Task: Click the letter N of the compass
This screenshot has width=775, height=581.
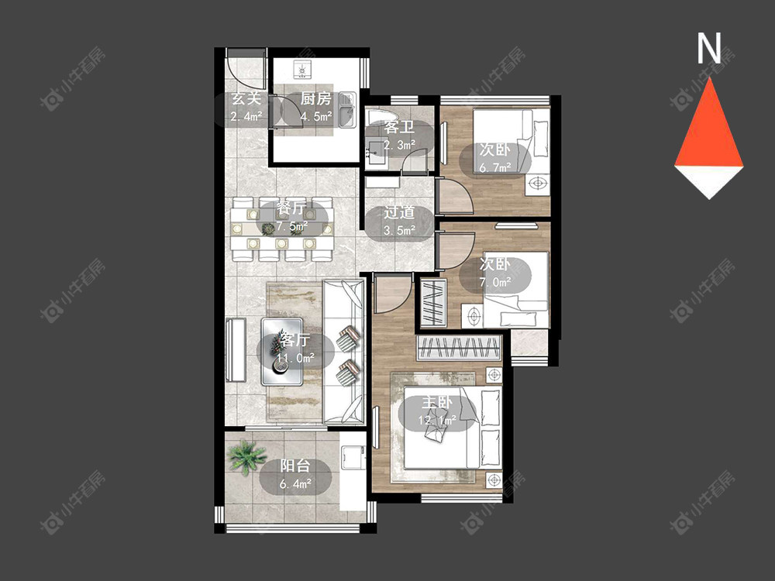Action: pos(709,48)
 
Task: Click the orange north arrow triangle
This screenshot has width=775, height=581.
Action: pos(709,126)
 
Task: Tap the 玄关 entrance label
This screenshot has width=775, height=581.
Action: pos(246,99)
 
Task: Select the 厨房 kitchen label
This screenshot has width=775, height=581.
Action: pos(315,99)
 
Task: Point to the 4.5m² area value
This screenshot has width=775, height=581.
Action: pos(315,117)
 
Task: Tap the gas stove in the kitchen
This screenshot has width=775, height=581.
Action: pos(302,70)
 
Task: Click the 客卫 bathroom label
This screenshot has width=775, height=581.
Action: pos(399,128)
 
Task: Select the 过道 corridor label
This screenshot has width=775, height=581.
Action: pos(399,213)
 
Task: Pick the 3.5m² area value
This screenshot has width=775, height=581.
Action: pos(399,230)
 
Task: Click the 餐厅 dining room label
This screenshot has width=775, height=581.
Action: pos(291,208)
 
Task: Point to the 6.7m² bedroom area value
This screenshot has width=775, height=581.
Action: pos(494,167)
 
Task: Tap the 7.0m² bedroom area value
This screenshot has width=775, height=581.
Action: pos(494,282)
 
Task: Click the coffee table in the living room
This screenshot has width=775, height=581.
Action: pos(282,352)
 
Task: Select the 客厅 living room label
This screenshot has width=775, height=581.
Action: pos(294,340)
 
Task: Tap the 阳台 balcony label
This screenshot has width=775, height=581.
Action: pos(295,466)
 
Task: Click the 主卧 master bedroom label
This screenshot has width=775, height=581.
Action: pos(437,403)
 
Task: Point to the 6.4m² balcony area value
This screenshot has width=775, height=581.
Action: pos(295,483)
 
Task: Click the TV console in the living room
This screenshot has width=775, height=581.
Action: pos(236,350)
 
